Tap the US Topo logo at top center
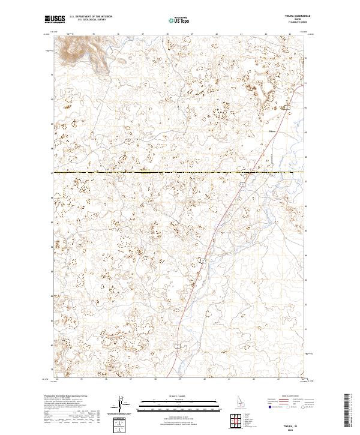(x=180, y=20)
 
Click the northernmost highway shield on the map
(x=287, y=107)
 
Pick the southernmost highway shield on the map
(x=178, y=346)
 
